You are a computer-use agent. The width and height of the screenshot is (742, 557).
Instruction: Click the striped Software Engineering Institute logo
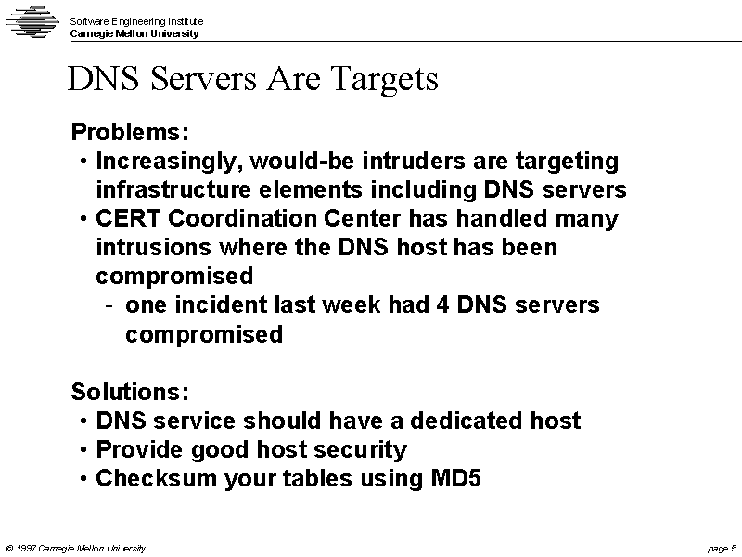click(x=32, y=21)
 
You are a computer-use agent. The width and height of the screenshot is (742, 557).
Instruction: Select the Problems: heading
click(x=130, y=132)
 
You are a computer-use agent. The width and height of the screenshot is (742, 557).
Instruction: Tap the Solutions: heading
click(x=130, y=392)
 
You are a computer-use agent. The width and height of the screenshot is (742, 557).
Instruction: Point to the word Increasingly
click(x=170, y=162)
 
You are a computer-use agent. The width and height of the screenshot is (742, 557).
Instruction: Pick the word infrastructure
click(x=173, y=189)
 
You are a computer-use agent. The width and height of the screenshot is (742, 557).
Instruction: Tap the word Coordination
click(x=242, y=218)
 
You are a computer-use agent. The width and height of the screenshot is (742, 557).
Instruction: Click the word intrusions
click(x=153, y=247)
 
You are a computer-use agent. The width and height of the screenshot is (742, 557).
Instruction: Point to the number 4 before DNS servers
click(x=442, y=305)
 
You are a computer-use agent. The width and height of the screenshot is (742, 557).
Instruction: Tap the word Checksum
click(x=156, y=478)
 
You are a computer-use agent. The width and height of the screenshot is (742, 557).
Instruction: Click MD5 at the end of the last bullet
click(x=455, y=478)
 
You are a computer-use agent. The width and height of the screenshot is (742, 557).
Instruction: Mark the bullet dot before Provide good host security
click(x=83, y=449)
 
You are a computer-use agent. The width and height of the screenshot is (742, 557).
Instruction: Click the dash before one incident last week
click(x=109, y=306)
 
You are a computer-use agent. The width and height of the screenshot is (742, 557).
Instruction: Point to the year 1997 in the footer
click(x=27, y=549)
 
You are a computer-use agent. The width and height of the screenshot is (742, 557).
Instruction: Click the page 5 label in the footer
click(x=723, y=549)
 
